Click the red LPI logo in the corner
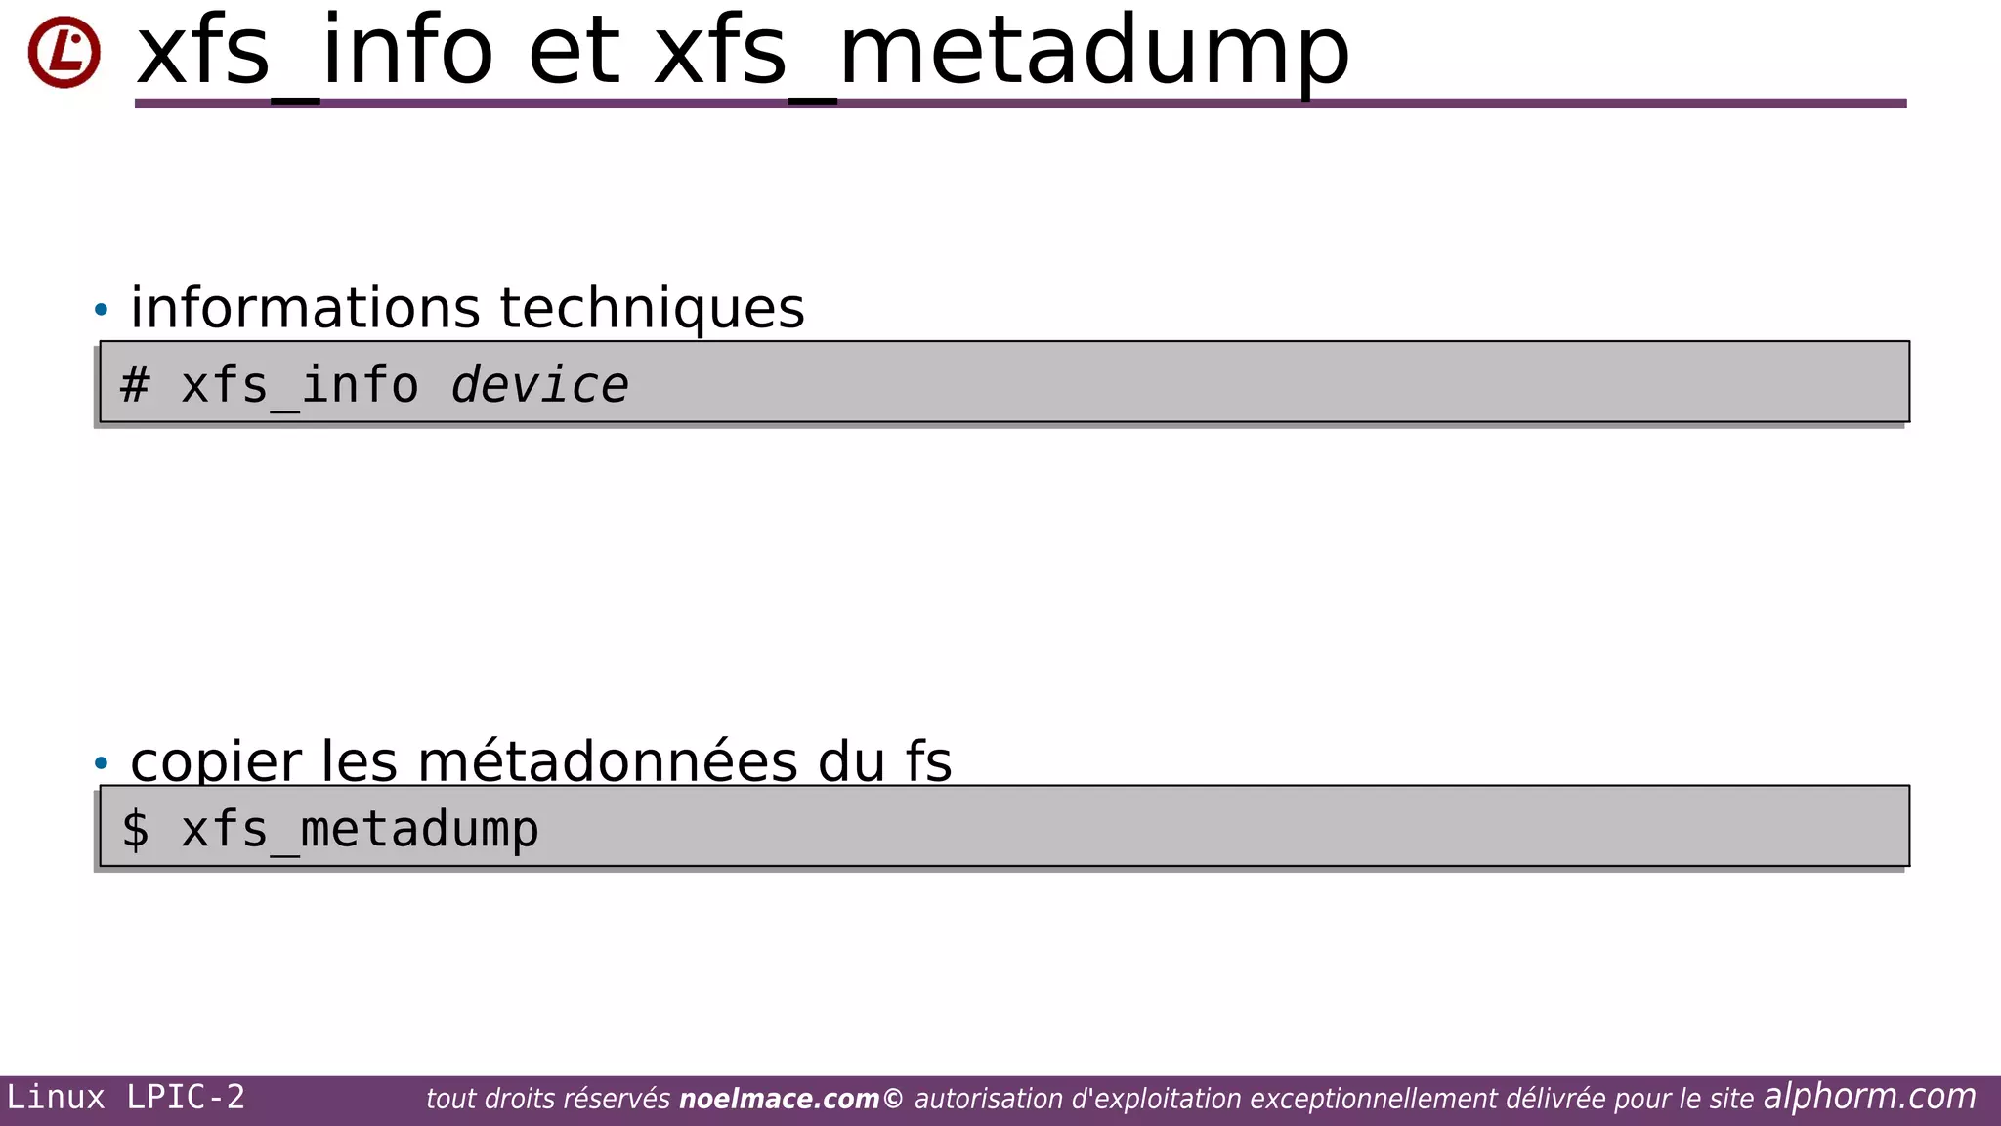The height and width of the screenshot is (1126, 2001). (64, 52)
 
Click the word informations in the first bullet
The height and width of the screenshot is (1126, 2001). (305, 308)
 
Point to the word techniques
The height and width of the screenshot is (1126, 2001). (652, 308)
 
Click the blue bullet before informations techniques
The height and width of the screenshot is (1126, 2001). (102, 310)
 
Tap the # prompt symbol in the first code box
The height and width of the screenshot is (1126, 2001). (135, 384)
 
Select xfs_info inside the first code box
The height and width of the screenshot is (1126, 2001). (300, 384)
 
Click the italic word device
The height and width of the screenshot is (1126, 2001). (539, 384)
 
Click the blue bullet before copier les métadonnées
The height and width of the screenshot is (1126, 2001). (102, 762)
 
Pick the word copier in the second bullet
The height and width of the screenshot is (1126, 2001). (216, 762)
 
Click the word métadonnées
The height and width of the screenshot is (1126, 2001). (608, 762)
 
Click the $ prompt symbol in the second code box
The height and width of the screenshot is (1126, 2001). (135, 829)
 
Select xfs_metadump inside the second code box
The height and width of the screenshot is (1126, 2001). (360, 829)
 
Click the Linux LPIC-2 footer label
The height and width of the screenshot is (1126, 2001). (126, 1098)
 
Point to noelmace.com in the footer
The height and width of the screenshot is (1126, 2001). (779, 1100)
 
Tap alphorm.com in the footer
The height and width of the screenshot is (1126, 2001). (1869, 1097)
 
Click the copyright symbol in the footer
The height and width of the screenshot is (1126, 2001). (893, 1100)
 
